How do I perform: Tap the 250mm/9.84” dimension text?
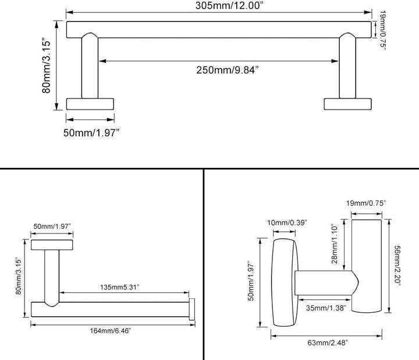pos(228,70)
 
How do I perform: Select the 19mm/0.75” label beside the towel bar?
pos(383,30)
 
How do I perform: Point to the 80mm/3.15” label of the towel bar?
pos(46,66)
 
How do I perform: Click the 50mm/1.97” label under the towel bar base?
pos(91,133)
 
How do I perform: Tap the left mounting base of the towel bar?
pos(90,104)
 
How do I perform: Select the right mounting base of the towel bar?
pos(347,104)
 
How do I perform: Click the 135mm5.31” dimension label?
pos(120,287)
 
